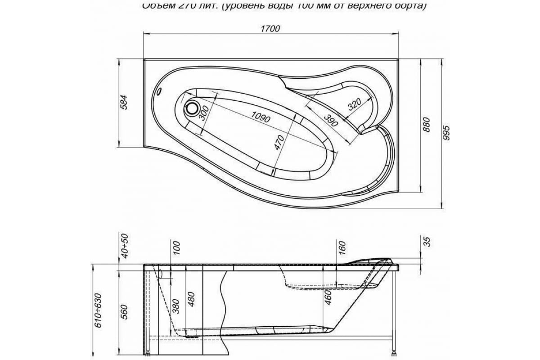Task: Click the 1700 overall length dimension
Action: (x=271, y=28)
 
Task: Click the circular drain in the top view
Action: (x=192, y=108)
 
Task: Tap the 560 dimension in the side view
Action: (x=125, y=311)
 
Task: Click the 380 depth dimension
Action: (x=176, y=306)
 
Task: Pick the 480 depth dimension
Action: (x=191, y=300)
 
